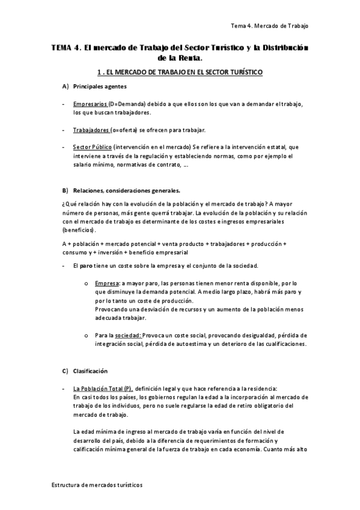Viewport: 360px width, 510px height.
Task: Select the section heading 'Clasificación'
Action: click(90, 370)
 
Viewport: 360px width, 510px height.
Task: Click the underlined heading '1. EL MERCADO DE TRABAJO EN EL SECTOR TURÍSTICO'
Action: click(179, 72)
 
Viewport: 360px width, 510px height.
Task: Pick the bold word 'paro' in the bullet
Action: click(86, 265)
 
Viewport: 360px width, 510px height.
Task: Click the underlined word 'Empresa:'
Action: click(107, 283)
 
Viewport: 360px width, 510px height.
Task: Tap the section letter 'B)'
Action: click(66, 190)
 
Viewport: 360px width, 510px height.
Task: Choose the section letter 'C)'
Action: click(66, 370)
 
